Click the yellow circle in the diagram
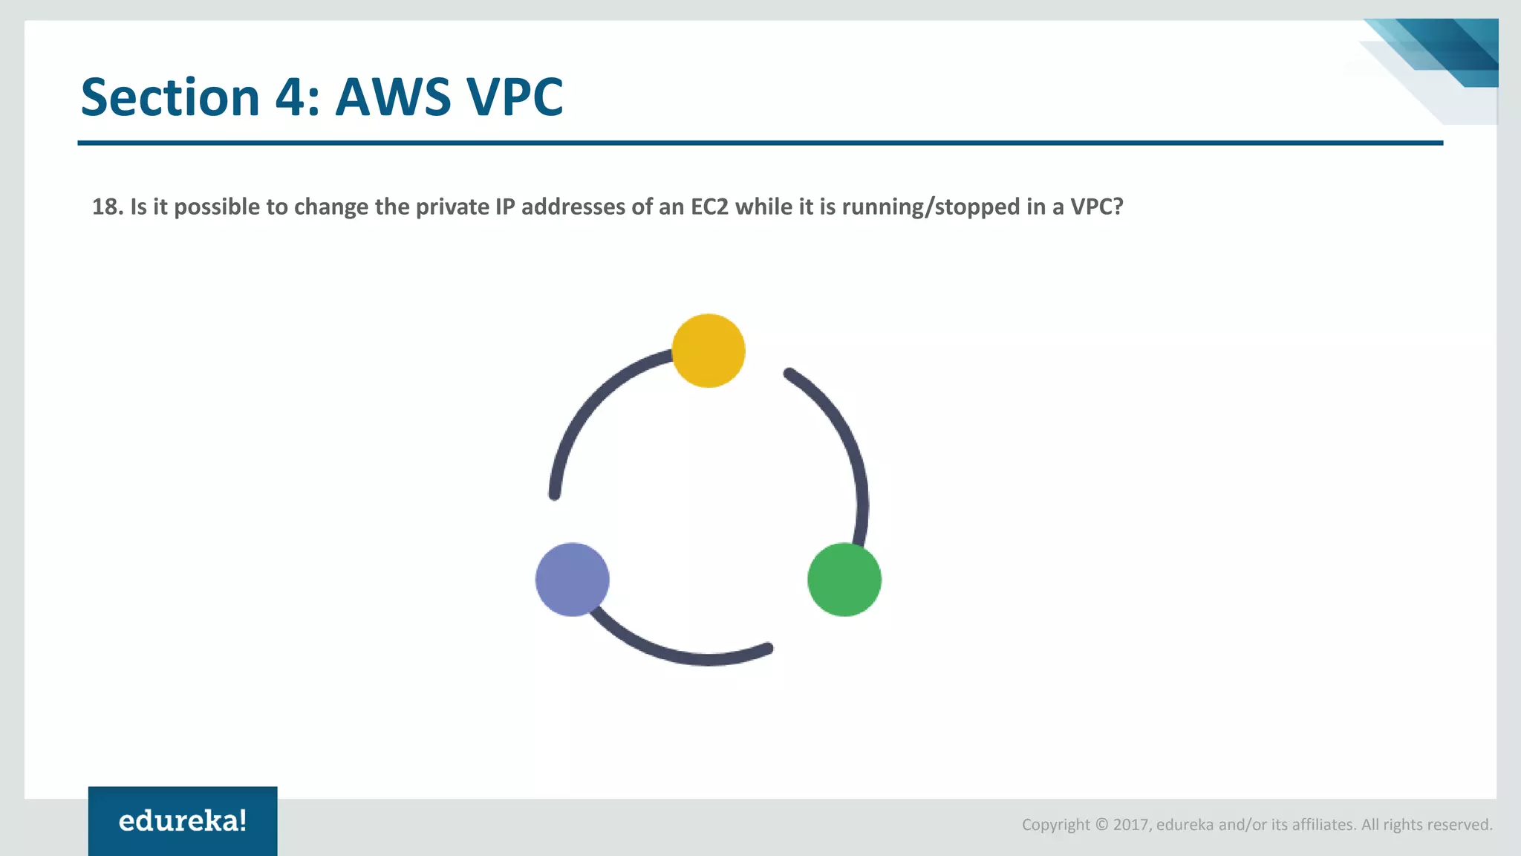click(x=709, y=351)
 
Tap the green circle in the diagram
click(x=844, y=580)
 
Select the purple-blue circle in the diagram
click(x=573, y=580)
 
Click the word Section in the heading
click(x=170, y=97)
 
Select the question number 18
click(x=107, y=207)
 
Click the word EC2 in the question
click(x=709, y=207)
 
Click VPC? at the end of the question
click(x=1096, y=207)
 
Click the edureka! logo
click(x=183, y=821)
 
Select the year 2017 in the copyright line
click(x=1131, y=825)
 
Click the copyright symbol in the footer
click(x=1101, y=825)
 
